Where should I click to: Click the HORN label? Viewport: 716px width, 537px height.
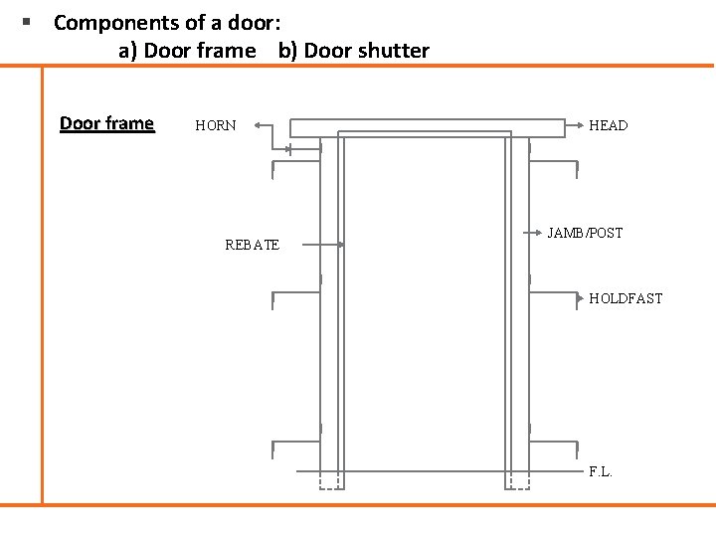(x=216, y=125)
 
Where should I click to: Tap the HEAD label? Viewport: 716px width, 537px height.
(x=608, y=125)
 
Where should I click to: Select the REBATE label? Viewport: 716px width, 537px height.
(x=252, y=245)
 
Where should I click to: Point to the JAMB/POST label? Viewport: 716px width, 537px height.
(x=585, y=233)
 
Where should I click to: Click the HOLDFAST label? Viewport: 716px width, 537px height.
(x=626, y=298)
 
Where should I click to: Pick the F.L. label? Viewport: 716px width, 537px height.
(x=601, y=471)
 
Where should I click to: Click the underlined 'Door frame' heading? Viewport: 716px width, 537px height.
(x=106, y=123)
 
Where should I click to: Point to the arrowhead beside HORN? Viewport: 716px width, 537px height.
(x=258, y=126)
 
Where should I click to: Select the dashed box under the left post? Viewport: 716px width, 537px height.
(x=329, y=481)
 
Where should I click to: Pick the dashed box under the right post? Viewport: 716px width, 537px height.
(x=517, y=481)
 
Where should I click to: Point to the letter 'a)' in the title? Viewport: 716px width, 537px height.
(x=128, y=51)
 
